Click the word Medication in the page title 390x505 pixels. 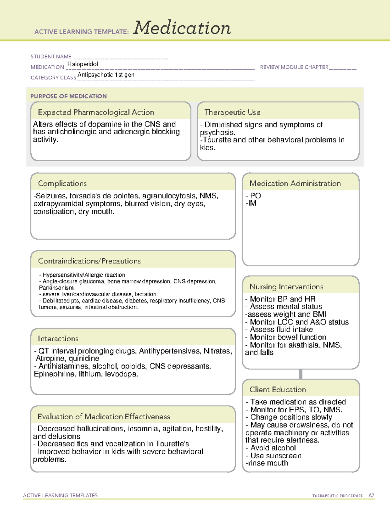point(182,28)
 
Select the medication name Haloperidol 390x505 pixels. point(83,64)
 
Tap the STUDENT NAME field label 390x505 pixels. point(51,57)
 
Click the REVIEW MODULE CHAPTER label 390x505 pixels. point(294,67)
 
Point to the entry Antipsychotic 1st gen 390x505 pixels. point(106,75)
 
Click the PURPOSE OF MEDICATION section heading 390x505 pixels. point(69,96)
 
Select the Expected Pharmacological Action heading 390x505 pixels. point(96,112)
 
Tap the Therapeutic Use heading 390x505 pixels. point(232,112)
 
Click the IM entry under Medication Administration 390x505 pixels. point(252,203)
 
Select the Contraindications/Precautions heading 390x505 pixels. point(89,261)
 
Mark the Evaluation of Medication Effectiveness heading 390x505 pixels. point(104,417)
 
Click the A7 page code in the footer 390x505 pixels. point(371,496)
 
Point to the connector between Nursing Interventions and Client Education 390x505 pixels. point(301,374)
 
